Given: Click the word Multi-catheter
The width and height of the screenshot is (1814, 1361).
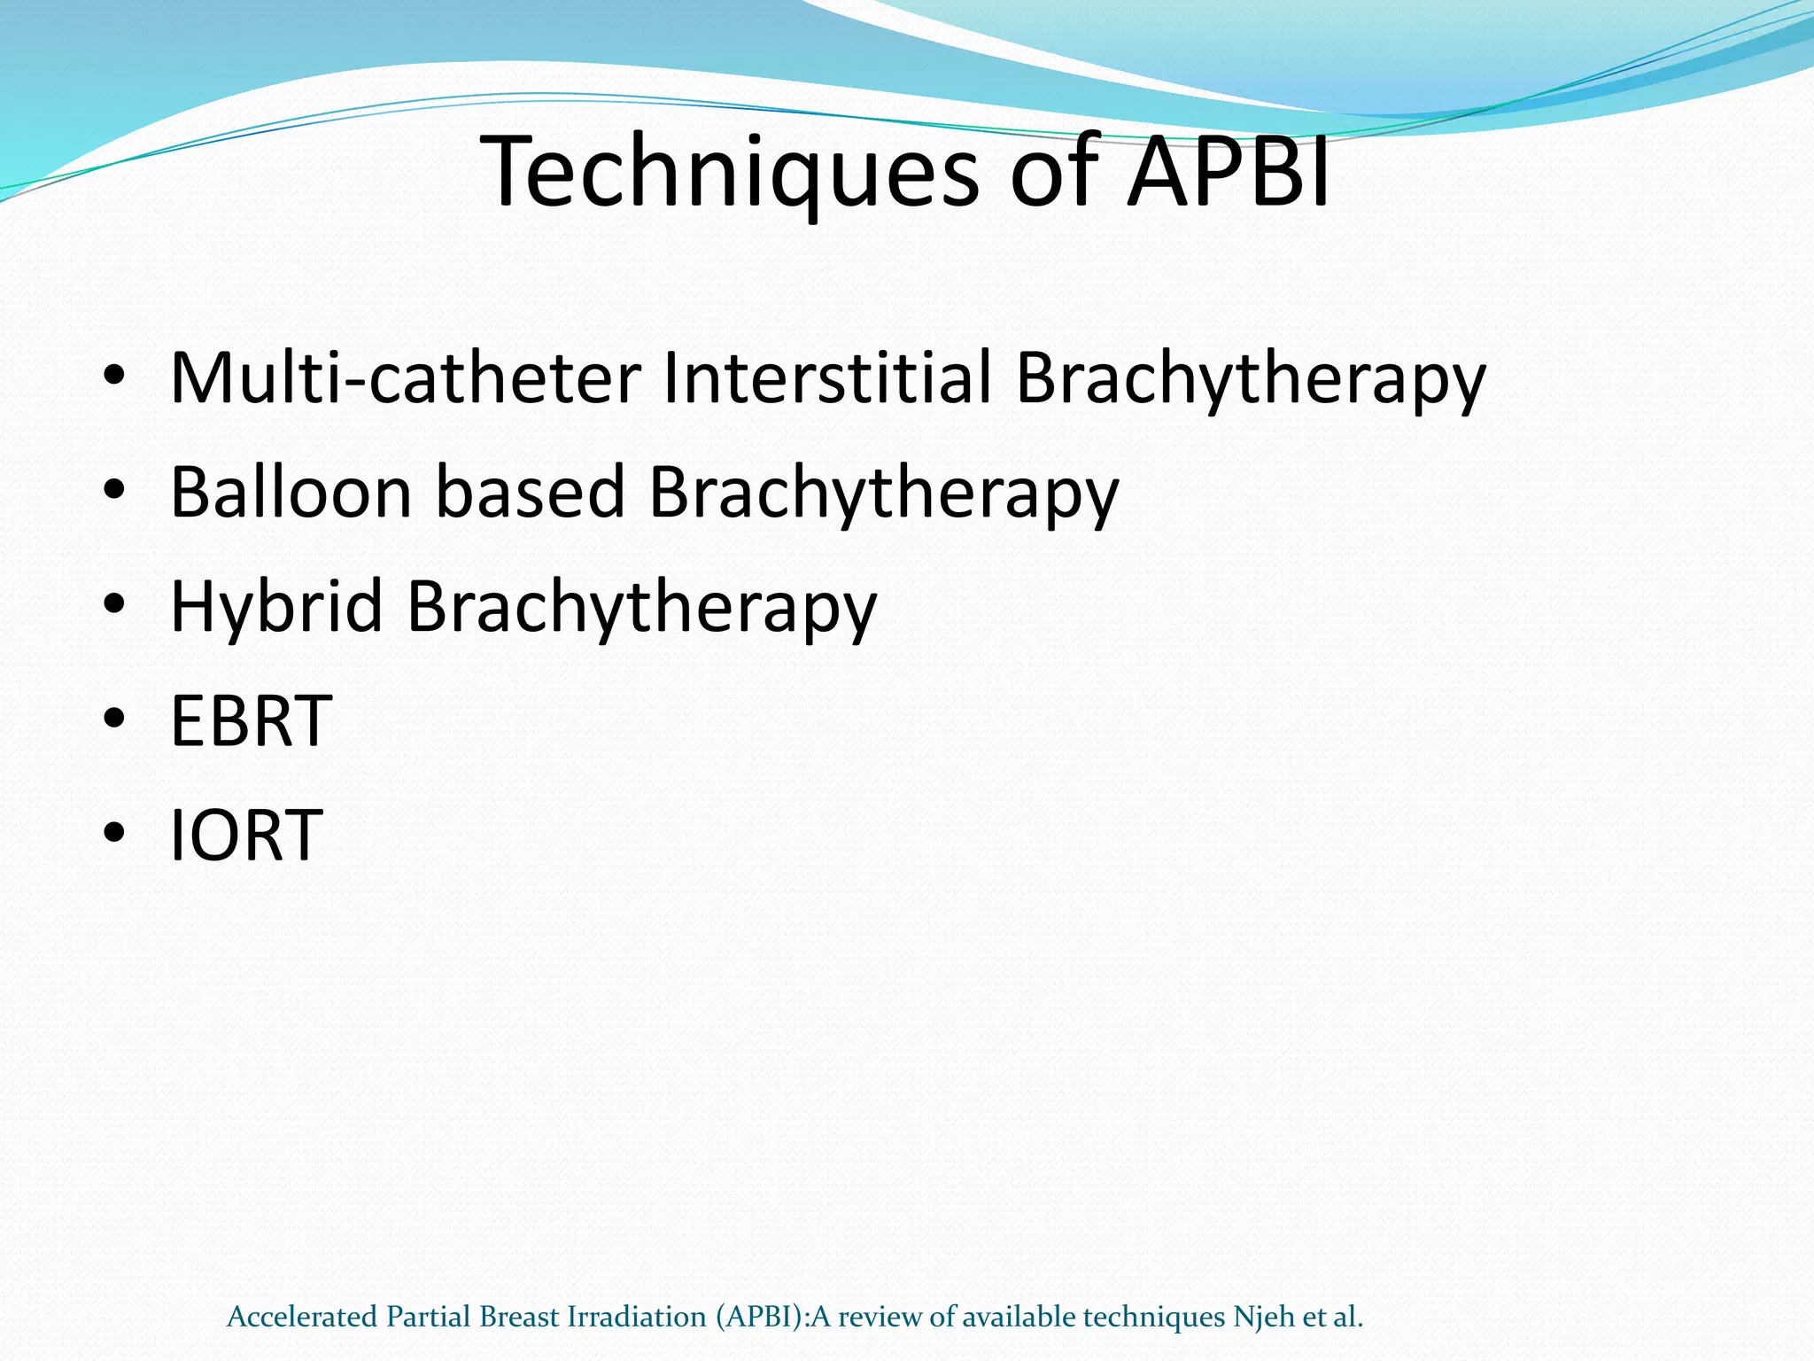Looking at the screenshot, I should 406,378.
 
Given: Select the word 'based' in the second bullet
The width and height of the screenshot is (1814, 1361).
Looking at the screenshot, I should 530,493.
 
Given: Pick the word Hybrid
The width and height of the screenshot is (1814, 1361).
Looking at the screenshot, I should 276,608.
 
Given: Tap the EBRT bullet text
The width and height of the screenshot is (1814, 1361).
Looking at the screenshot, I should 251,721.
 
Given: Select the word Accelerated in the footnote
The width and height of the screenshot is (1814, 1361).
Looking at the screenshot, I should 302,1317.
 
